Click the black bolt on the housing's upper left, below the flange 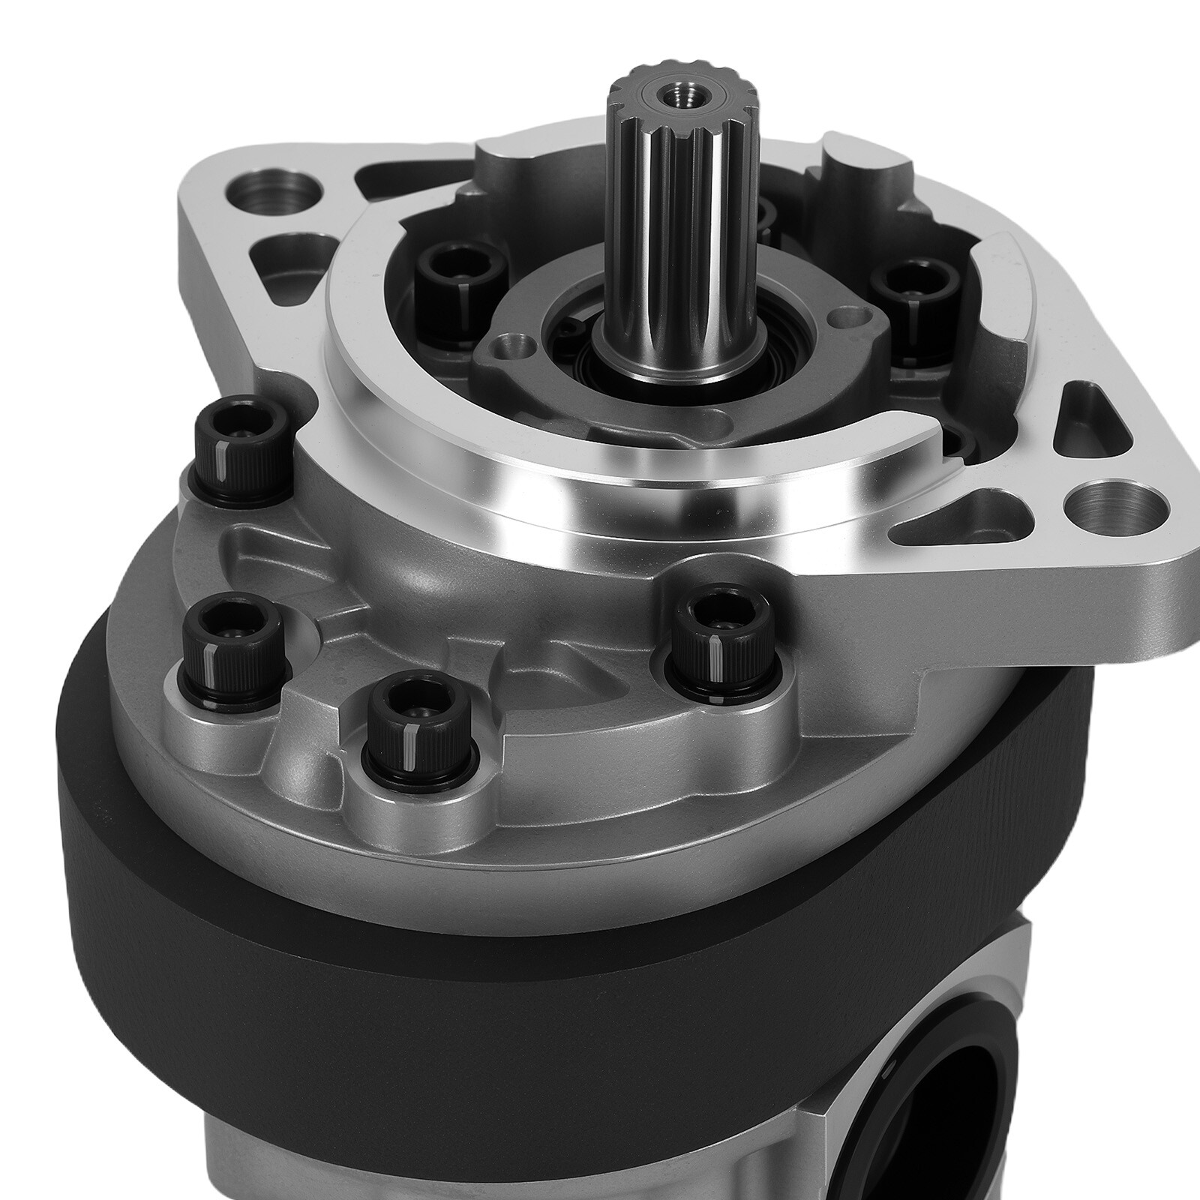tap(241, 456)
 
